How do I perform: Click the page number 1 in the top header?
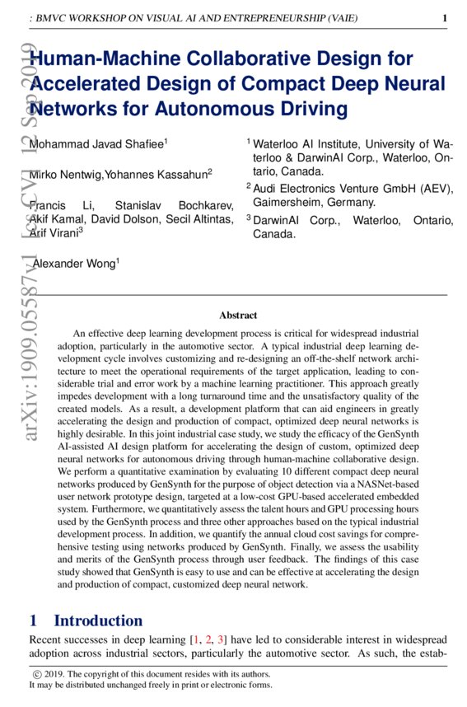445,18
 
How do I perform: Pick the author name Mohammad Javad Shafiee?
96,145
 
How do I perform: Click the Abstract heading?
238,315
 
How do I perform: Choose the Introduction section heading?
97,620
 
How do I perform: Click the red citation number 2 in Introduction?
207,640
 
